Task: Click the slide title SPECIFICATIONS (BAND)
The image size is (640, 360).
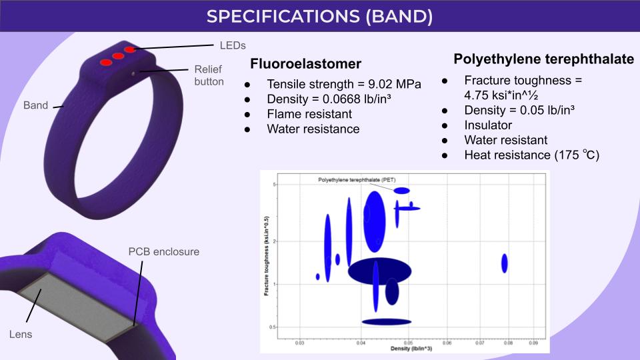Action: point(319,16)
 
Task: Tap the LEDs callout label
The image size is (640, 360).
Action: point(233,45)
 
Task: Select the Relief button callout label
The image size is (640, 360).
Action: point(209,75)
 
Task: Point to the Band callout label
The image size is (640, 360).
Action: point(35,105)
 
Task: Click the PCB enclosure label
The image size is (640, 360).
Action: point(164,251)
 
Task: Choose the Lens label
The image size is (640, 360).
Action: point(21,334)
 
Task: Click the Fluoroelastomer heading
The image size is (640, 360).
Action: point(306,64)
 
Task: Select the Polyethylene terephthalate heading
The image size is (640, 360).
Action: point(544,59)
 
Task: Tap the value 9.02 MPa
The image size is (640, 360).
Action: point(395,84)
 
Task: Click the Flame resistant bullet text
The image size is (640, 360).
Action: point(309,114)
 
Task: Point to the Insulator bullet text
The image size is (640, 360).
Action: point(488,125)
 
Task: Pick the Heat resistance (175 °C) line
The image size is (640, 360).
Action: point(532,155)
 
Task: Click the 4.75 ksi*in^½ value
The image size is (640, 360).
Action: point(501,95)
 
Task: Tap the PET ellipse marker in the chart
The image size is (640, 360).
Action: point(401,191)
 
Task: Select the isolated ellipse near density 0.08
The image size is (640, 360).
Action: point(505,263)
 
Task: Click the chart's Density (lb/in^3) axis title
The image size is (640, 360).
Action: point(411,349)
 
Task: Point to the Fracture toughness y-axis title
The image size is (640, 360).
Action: point(267,256)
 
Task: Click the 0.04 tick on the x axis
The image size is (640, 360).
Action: point(361,343)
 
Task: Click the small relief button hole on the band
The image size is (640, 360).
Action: point(133,74)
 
